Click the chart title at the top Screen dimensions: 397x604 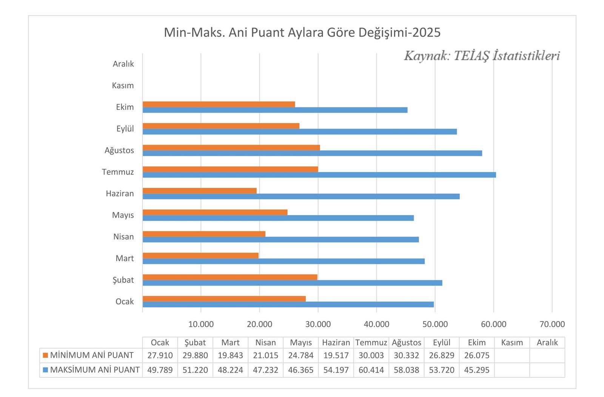(302, 32)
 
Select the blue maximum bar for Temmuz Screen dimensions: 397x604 (319, 175)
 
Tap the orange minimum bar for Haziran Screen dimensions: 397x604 (199, 191)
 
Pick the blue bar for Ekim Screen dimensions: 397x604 (275, 110)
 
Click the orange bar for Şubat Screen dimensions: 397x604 (230, 277)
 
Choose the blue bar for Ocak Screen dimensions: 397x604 (288, 304)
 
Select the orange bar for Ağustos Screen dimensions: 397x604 (231, 147)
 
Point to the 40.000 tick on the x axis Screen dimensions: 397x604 (376, 324)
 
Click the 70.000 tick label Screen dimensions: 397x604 (552, 324)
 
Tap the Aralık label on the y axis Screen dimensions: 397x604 (123, 64)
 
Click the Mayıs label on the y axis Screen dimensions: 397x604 (123, 215)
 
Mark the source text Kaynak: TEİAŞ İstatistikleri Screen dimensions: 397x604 (482, 56)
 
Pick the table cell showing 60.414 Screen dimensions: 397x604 (371, 370)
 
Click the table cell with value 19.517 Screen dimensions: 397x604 (336, 355)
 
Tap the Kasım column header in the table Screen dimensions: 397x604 (512, 343)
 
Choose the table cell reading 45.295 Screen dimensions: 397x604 (477, 370)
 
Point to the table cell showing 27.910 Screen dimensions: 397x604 (160, 355)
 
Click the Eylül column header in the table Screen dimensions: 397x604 (442, 343)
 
